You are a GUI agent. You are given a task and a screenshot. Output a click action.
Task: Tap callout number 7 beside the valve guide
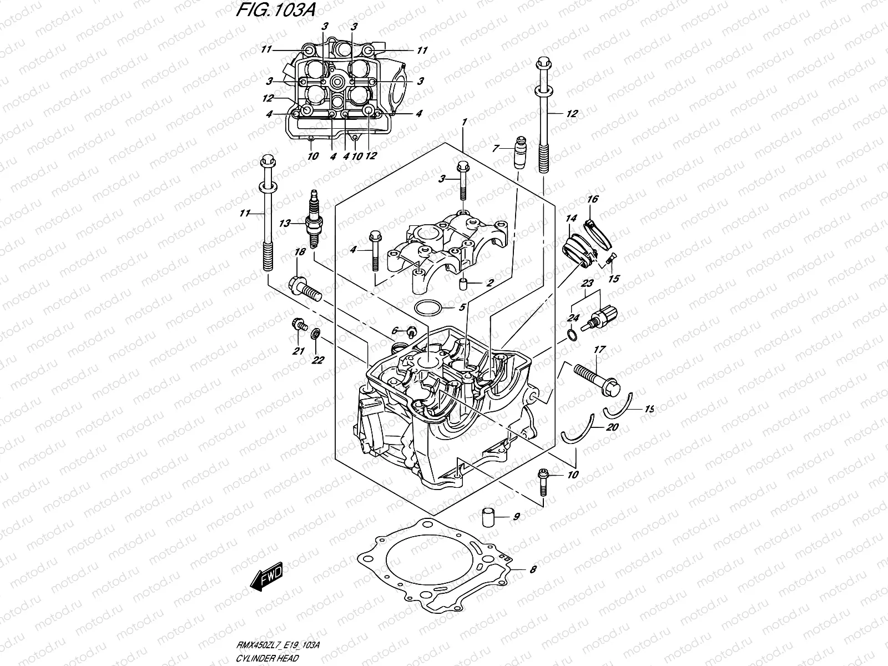(x=496, y=149)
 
